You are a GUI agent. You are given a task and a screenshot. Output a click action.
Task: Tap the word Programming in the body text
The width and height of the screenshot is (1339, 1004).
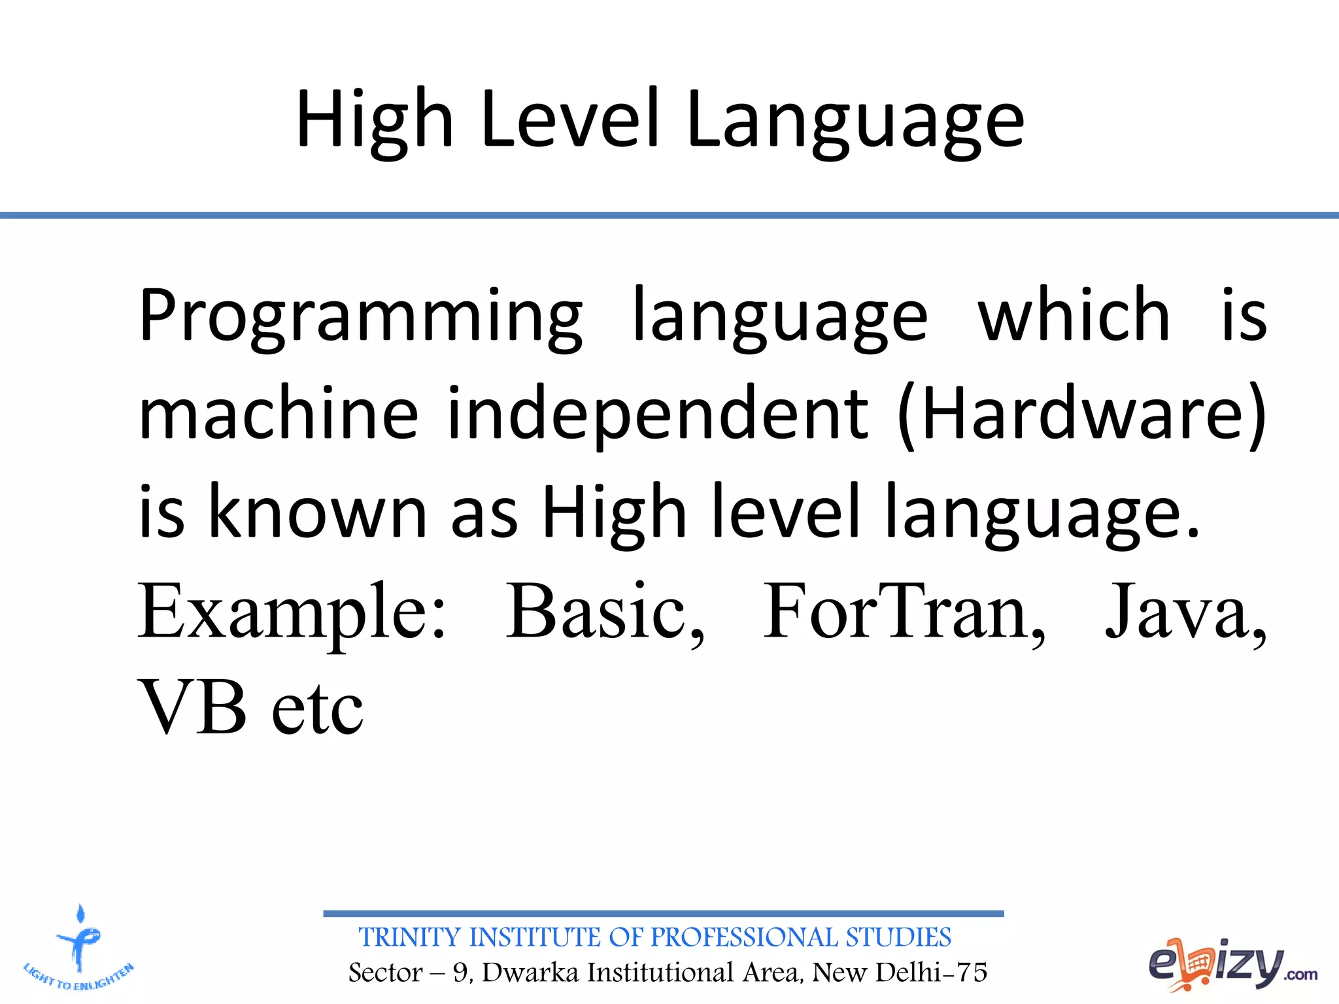click(x=360, y=316)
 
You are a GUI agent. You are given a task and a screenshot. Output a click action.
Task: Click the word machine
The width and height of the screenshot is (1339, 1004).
click(x=279, y=414)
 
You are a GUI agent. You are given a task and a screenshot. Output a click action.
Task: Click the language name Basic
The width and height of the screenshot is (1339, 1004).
click(x=605, y=612)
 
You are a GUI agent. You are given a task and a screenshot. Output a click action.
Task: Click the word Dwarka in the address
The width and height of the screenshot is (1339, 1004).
click(x=530, y=973)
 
